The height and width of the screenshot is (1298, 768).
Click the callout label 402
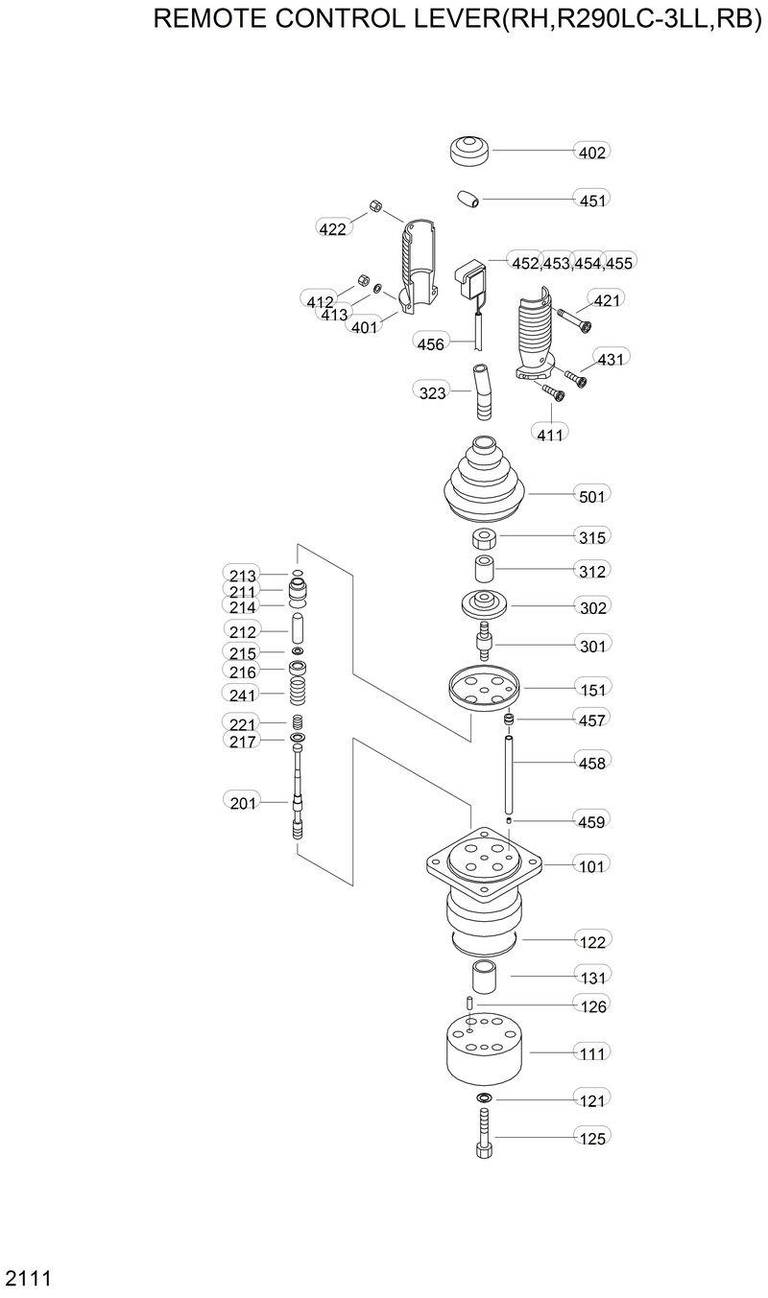coord(592,152)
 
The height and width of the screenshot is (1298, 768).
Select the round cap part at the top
coord(469,150)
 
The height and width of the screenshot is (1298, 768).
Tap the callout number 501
coord(592,496)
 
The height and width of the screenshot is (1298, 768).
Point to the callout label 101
coord(592,866)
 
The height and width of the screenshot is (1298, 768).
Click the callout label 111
coord(592,1053)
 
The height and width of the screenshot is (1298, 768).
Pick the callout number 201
coord(244,802)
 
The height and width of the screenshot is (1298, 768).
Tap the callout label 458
coord(592,763)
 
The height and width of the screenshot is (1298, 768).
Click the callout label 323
coord(433,391)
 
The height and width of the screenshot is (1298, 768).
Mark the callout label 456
coord(431,342)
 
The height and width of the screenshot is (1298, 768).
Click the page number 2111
coord(28,1278)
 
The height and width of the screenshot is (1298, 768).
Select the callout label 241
coord(244,694)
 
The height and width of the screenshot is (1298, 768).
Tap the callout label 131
coord(592,978)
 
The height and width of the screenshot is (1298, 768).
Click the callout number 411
coord(549,435)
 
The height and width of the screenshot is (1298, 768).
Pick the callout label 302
coord(592,607)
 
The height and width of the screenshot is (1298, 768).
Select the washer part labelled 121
coord(483,1098)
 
